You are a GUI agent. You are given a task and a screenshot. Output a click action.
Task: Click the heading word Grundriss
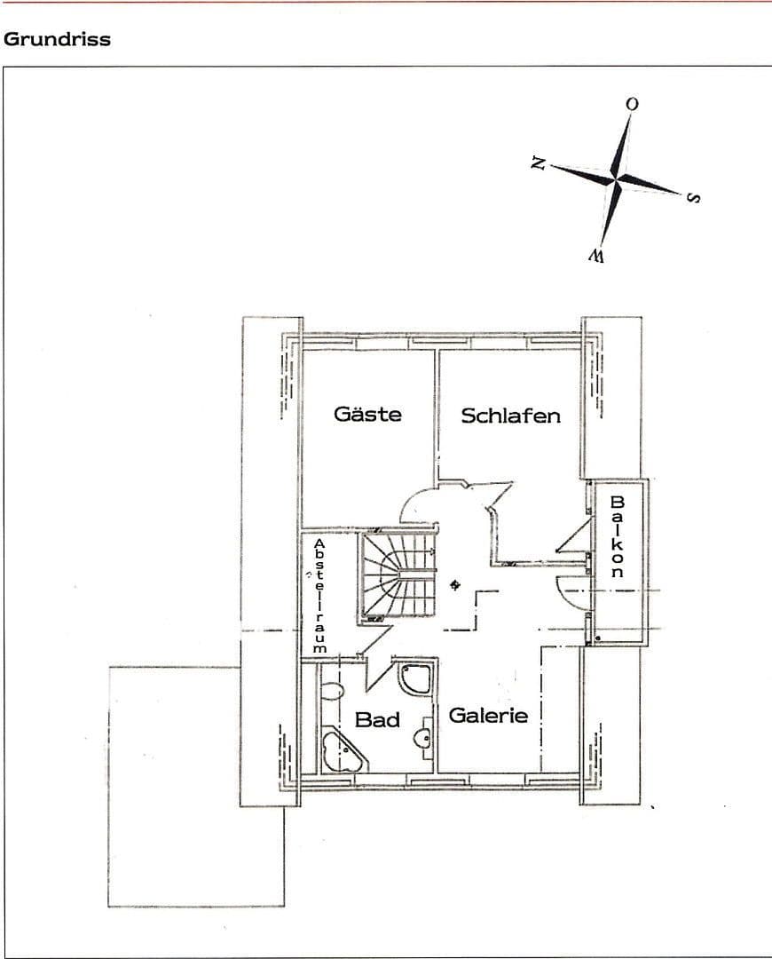pos(57,40)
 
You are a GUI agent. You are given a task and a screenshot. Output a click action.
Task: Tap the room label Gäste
pos(367,414)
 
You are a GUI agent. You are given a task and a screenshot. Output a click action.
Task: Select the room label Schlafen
pos(510,416)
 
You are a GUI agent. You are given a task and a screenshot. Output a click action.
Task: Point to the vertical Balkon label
pos(617,537)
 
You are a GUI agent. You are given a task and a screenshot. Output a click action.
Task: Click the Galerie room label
pos(488,716)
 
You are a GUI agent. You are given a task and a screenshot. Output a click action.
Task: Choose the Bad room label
pos(377,720)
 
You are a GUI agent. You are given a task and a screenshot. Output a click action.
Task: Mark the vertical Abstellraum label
pos(319,595)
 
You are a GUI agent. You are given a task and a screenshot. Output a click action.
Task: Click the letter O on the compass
pos(632,104)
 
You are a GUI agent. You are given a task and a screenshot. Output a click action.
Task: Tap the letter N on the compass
pos(538,162)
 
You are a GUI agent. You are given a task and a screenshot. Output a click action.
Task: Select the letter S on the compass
pos(693,197)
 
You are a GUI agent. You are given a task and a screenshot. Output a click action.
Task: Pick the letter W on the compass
pos(595,257)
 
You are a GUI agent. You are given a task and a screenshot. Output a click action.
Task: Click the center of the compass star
pos(617,178)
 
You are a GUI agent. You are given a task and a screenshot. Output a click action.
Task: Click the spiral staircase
pos(398,575)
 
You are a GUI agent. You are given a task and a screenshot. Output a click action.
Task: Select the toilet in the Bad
pos(333,692)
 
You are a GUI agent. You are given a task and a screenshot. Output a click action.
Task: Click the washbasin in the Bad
pos(427,736)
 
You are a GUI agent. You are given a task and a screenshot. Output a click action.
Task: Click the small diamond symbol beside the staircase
pos(455,584)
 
